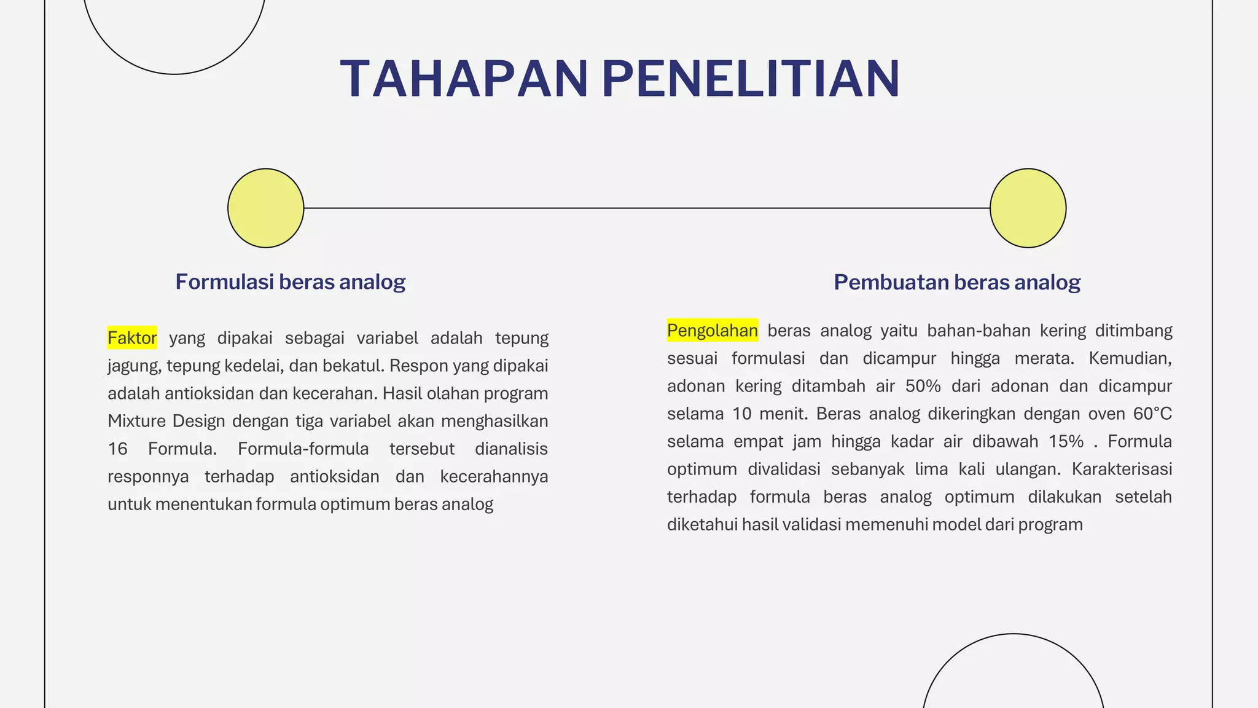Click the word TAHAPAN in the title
coord(464,79)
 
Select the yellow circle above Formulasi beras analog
coord(265,208)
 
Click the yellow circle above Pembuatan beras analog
coord(1028,208)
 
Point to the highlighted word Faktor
coord(132,338)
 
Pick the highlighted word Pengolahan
coord(713,331)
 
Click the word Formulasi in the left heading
coord(224,282)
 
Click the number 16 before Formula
coord(117,449)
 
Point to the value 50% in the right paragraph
coord(923,386)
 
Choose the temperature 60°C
coord(1152,414)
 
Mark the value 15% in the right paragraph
coord(1066,441)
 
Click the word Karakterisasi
coord(1122,469)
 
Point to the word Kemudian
coord(1130,358)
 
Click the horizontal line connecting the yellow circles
coord(645,208)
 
